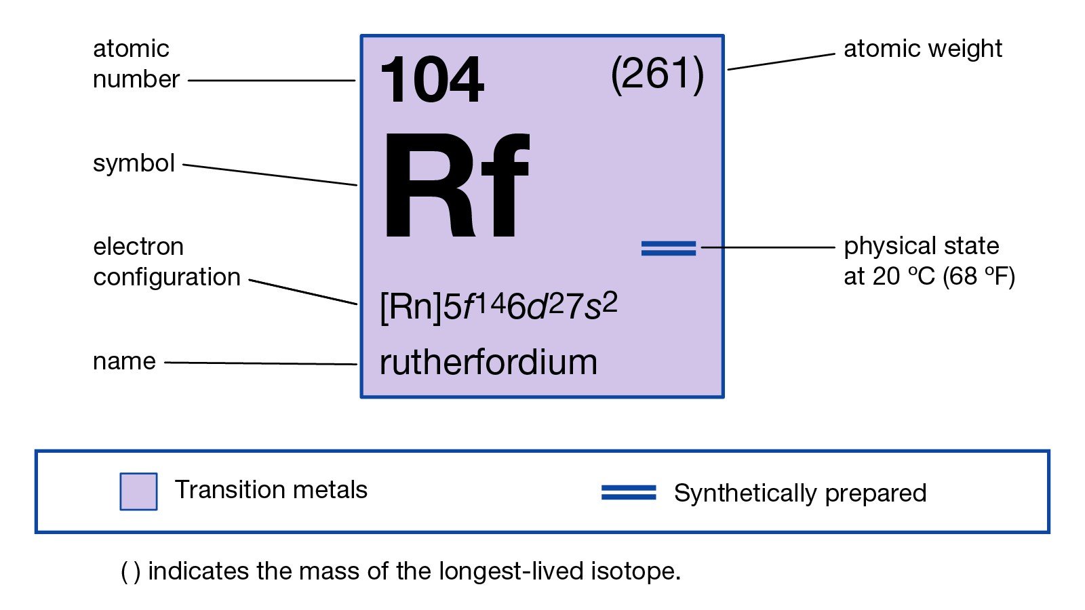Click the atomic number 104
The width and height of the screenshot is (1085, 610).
point(432,81)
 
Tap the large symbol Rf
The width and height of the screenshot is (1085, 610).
point(456,186)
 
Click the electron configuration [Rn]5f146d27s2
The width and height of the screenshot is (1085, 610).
point(498,306)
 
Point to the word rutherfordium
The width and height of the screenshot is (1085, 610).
point(488,363)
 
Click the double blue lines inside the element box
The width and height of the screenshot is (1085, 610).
point(669,249)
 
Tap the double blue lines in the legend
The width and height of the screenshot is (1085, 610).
point(629,493)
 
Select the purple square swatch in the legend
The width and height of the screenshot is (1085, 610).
point(138,491)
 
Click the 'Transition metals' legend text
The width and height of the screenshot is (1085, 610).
point(271,489)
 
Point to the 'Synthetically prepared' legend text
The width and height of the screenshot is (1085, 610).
point(800,493)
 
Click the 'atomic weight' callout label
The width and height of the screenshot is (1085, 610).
point(922,49)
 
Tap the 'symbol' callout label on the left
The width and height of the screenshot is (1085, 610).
point(134,163)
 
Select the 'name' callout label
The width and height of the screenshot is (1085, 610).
point(124,361)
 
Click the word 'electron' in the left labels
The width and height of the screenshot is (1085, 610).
point(138,247)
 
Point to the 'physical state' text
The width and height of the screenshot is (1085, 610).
point(921,246)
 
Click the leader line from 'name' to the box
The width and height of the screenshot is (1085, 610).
point(261,363)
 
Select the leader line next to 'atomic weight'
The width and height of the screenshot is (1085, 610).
point(781,62)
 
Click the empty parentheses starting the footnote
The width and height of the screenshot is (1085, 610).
point(131,572)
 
